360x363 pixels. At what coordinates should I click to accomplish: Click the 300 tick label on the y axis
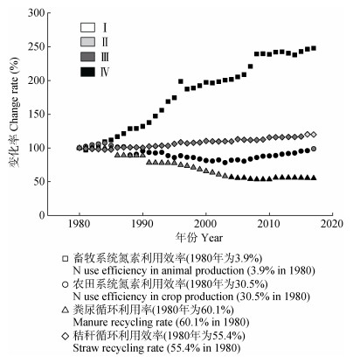pyautogui.click(x=36, y=13)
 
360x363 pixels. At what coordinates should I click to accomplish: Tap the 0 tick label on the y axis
pyautogui.click(x=42, y=215)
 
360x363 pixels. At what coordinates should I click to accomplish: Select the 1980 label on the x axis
pyautogui.click(x=79, y=224)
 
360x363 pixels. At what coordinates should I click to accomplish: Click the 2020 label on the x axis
pyautogui.click(x=332, y=224)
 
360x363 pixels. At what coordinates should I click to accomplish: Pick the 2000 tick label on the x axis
pyautogui.click(x=205, y=224)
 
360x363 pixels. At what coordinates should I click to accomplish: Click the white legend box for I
pyautogui.click(x=87, y=27)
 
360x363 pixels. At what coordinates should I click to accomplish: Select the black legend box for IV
pyautogui.click(x=87, y=72)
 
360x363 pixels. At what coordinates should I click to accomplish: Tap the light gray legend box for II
pyautogui.click(x=87, y=42)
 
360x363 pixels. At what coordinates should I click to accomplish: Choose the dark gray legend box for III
pyautogui.click(x=87, y=57)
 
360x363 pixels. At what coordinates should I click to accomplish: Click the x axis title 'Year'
pyautogui.click(x=212, y=238)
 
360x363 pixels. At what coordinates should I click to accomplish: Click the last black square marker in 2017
pyautogui.click(x=314, y=48)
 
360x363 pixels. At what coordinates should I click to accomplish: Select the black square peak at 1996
pyautogui.click(x=181, y=81)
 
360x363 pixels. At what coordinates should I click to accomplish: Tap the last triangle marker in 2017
pyautogui.click(x=314, y=178)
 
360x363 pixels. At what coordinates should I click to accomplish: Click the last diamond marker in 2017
pyautogui.click(x=314, y=135)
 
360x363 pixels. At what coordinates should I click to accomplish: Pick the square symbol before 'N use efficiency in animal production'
pyautogui.click(x=66, y=259)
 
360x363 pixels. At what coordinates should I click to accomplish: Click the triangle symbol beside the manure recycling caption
pyautogui.click(x=66, y=310)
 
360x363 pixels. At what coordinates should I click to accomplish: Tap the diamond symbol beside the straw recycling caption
pyautogui.click(x=66, y=336)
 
